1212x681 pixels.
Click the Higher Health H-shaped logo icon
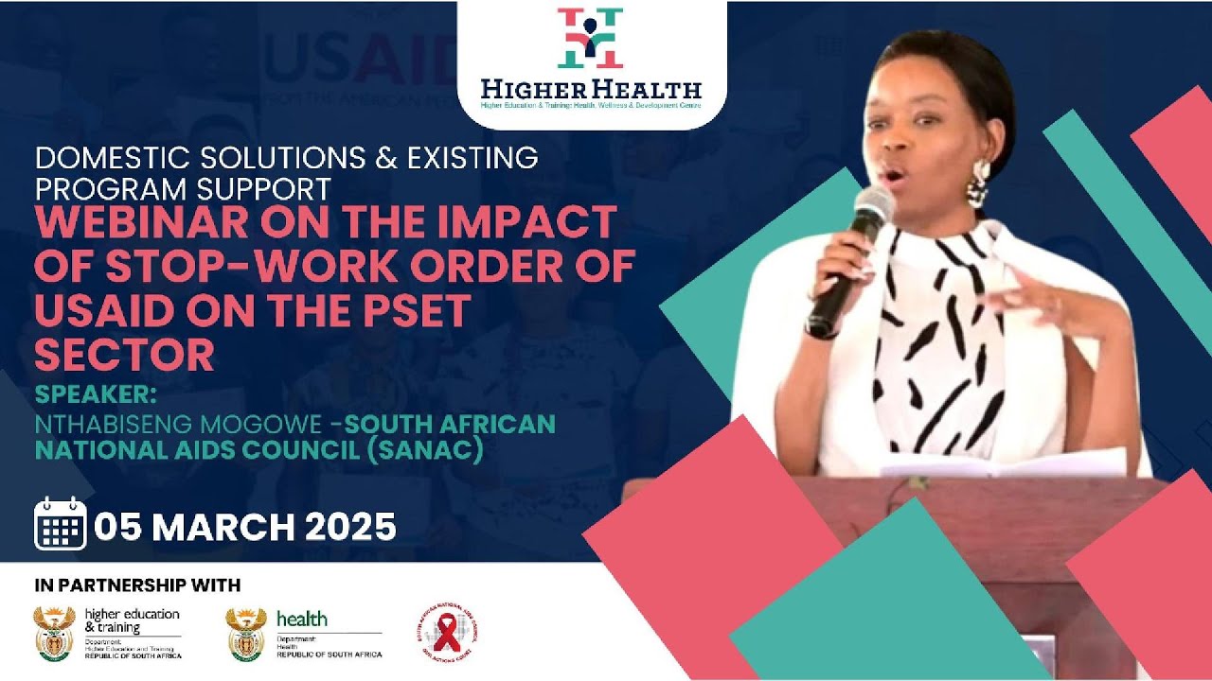point(591,39)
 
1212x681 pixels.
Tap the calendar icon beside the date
point(61,524)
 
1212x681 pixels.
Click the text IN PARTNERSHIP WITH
point(137,585)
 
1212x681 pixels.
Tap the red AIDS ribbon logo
point(447,632)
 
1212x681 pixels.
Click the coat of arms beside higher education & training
point(54,633)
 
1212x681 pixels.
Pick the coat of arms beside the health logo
point(246,633)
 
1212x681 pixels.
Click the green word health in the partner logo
point(302,619)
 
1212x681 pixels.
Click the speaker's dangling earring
point(976,184)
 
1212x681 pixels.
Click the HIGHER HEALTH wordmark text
point(591,90)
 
